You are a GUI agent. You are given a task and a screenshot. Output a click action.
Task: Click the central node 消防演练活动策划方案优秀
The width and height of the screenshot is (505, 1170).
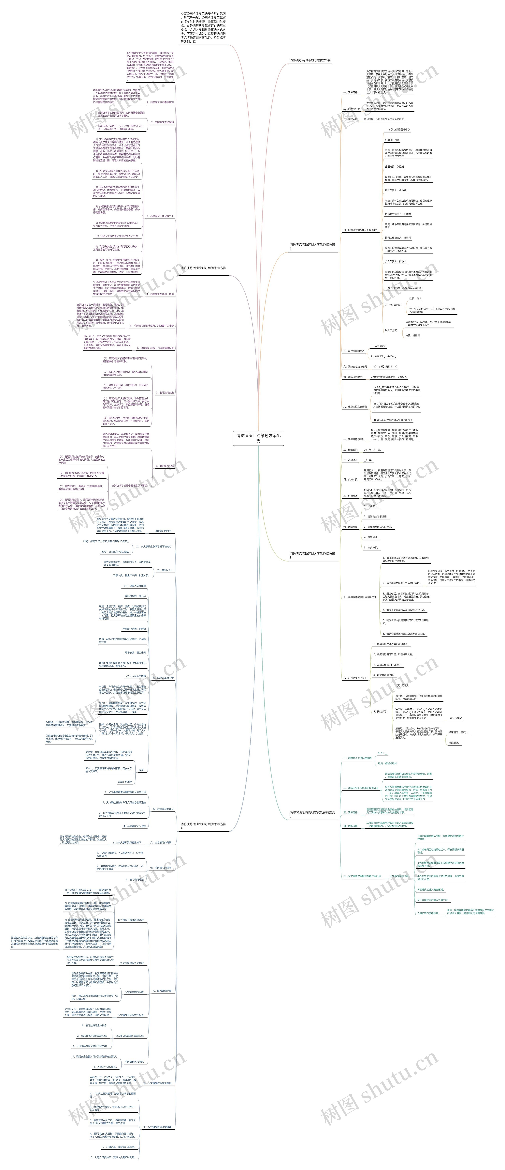258,438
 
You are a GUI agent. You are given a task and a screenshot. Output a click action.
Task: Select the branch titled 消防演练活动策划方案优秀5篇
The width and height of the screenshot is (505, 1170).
310,60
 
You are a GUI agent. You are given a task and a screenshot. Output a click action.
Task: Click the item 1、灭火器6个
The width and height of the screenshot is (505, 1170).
378,346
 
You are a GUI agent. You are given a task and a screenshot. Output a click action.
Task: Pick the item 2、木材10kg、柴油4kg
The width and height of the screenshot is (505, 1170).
383,356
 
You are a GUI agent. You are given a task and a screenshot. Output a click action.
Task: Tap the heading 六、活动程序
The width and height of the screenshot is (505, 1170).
350,527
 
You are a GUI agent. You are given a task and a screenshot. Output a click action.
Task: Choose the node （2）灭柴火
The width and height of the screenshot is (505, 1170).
455,718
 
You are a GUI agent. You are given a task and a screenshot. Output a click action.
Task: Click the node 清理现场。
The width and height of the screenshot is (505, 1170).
454,743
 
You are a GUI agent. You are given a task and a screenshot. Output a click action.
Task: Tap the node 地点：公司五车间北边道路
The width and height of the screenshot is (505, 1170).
115,551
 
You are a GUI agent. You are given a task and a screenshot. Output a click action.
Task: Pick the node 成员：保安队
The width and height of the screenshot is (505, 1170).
125,782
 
